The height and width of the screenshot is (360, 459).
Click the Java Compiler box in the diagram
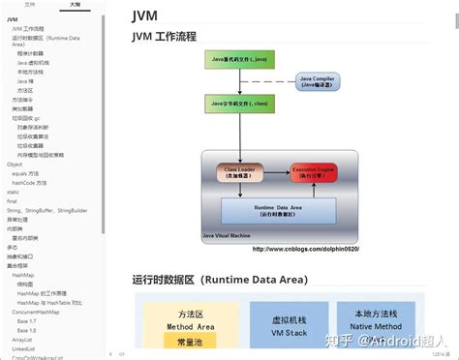[318, 81]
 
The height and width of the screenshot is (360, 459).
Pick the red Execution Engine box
[315, 172]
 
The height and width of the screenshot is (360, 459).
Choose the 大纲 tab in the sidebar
[76, 5]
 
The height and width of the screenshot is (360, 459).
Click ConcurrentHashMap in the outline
[36, 312]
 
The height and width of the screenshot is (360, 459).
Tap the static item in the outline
[14, 193]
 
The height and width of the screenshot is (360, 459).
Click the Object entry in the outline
[15, 165]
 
